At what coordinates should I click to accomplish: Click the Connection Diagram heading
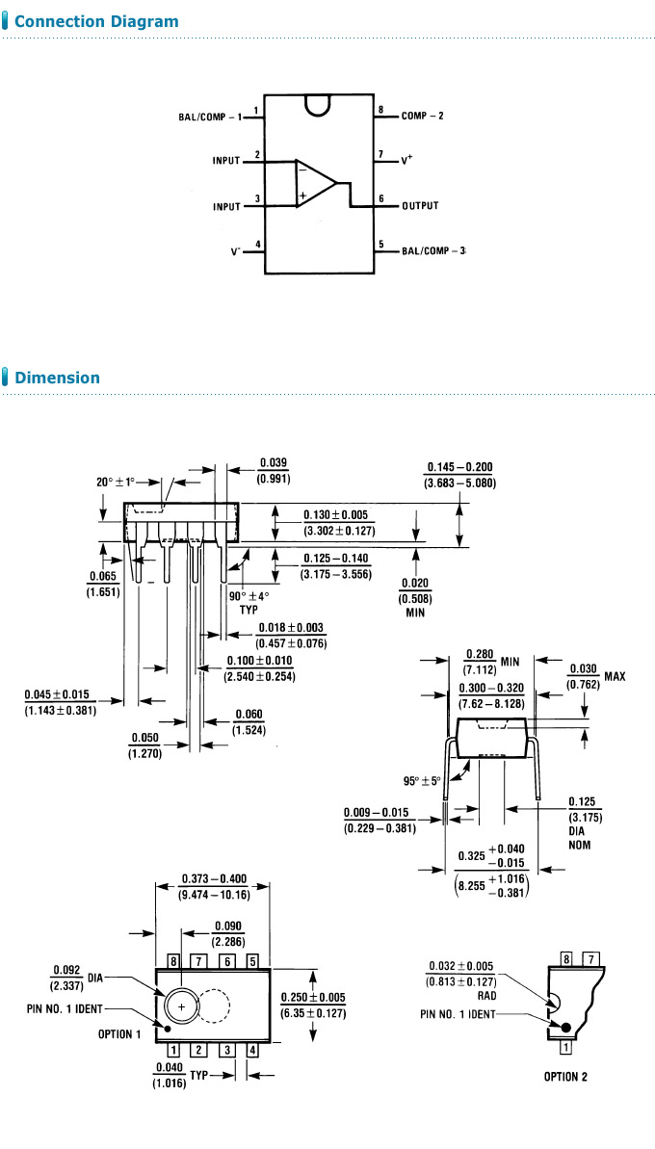point(96,21)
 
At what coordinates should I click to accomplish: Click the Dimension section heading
point(57,378)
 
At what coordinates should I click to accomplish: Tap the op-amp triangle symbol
point(314,183)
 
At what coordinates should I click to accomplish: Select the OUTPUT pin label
point(420,206)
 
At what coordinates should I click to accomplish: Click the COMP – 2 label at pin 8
point(422,116)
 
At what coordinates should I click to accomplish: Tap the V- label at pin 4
point(235,250)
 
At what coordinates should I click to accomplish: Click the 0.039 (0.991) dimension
point(273,470)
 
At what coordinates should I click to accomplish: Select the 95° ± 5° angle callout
point(422,780)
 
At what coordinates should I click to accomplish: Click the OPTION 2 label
point(572,1077)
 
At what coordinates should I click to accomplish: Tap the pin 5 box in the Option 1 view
point(251,961)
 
